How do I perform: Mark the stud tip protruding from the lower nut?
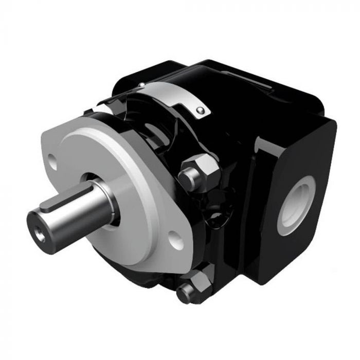point(185,295)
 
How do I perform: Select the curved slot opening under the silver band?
point(154,123)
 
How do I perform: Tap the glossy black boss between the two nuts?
point(211,226)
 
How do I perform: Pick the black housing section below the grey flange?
point(154,278)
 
